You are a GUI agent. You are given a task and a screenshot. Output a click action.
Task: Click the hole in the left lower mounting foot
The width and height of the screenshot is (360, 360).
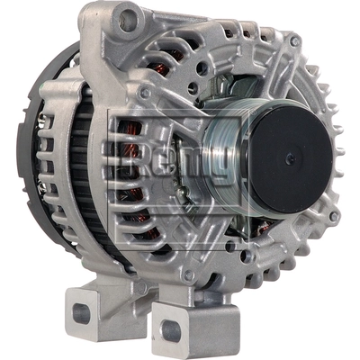[x=82, y=313]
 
